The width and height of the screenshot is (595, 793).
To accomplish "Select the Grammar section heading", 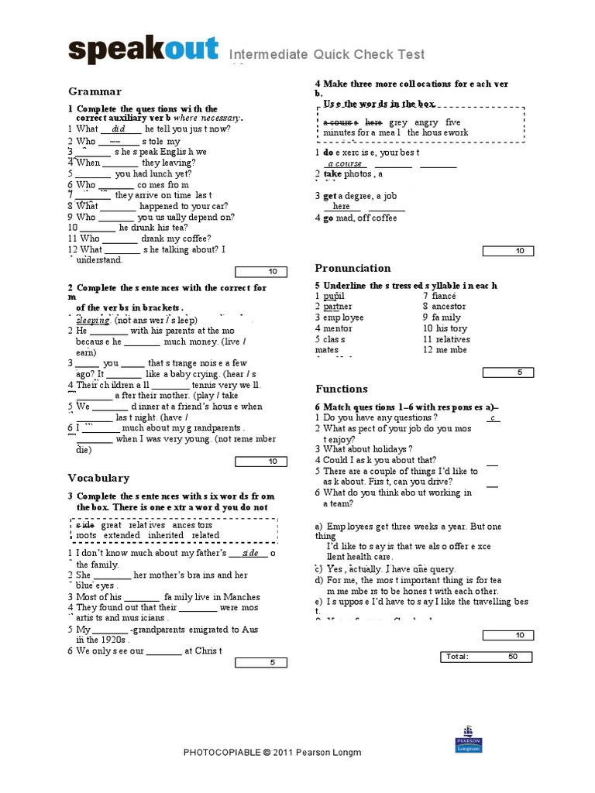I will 95,91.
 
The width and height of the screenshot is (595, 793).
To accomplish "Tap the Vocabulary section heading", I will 98,478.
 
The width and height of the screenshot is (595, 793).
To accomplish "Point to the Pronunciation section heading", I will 353,268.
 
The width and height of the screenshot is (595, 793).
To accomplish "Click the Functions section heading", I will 342,389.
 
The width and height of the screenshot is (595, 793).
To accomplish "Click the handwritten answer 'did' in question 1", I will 119,129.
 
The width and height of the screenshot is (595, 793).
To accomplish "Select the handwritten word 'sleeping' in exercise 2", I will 93,320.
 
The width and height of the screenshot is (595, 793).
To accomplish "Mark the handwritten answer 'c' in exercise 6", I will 492,418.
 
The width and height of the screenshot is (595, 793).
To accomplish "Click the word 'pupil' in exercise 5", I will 334,297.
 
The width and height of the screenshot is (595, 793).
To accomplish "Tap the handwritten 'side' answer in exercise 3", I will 249,554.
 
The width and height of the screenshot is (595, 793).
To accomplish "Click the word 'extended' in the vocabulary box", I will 122,535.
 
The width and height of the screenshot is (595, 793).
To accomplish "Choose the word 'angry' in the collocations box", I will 426,122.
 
